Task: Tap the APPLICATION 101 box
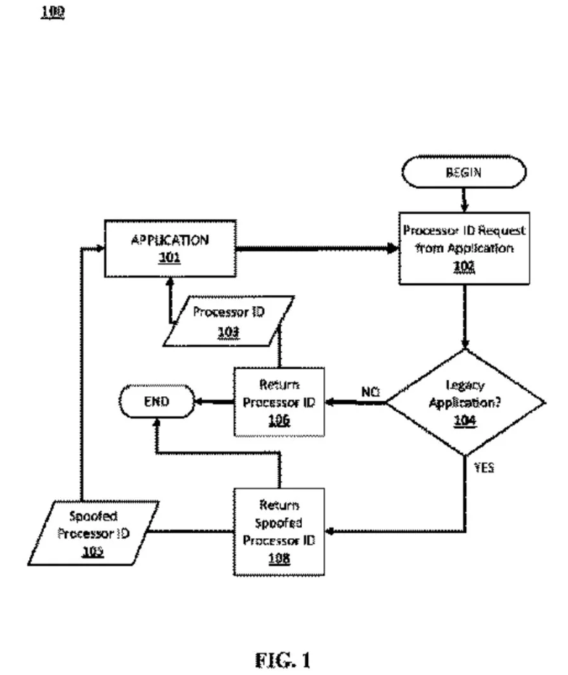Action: coord(170,249)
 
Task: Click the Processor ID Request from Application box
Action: coord(464,248)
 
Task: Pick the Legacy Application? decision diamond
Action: coord(465,403)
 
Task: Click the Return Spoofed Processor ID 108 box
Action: coord(279,531)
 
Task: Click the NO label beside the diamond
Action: coord(371,392)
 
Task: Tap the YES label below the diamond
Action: coord(483,468)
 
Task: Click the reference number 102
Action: coord(464,266)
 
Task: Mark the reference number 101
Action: coord(170,257)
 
